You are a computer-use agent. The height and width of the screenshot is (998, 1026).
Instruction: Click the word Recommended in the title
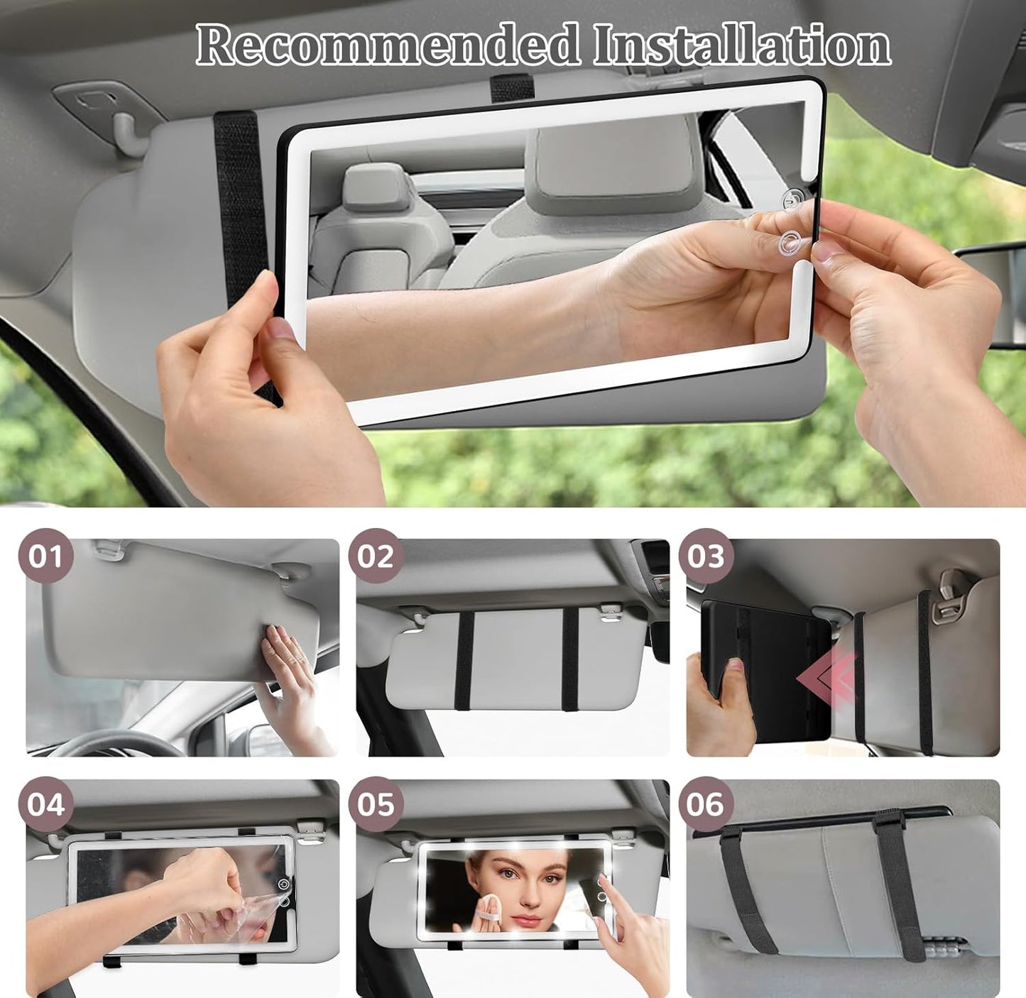[387, 45]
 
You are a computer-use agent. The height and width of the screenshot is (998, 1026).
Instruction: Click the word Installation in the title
[742, 45]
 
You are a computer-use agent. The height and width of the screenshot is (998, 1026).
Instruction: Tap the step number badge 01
[46, 556]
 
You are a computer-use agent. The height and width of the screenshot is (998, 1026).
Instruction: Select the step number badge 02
[376, 556]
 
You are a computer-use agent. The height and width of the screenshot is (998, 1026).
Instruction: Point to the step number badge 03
[705, 556]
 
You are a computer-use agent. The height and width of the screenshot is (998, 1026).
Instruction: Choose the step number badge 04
[46, 804]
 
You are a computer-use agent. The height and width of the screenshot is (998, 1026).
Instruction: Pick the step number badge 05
[376, 804]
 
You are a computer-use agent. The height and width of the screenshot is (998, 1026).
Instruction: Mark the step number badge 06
[705, 804]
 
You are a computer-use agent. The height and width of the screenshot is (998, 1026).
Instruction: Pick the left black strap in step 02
[465, 660]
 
